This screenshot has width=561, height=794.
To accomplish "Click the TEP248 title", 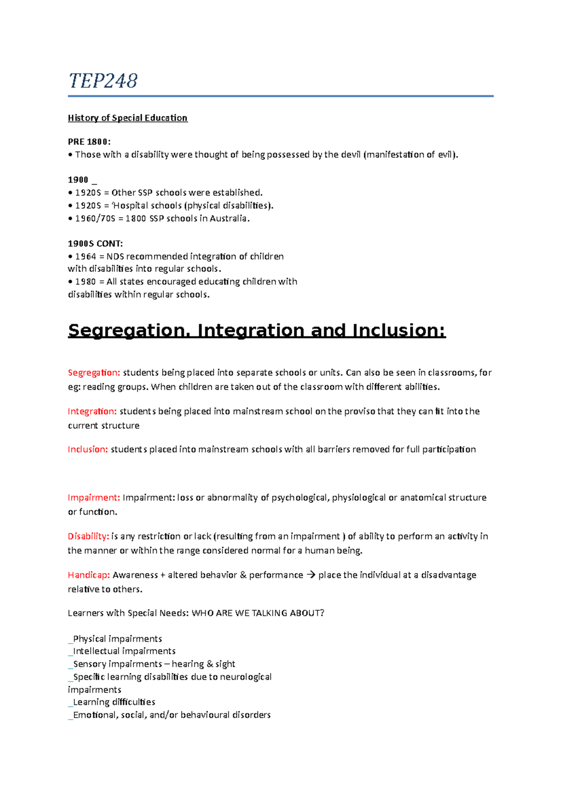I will pyautogui.click(x=103, y=81).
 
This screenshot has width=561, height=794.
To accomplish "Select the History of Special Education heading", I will pyautogui.click(x=128, y=118).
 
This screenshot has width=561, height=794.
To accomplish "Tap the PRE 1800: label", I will pyautogui.click(x=89, y=142).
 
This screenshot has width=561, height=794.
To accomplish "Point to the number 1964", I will pyautogui.click(x=86, y=257).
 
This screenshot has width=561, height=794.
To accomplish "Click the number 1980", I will pyautogui.click(x=86, y=282).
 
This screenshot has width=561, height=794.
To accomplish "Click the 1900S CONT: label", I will pyautogui.click(x=95, y=244).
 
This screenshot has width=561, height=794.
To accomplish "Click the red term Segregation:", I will pyautogui.click(x=94, y=373).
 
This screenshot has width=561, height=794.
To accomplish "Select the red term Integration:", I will pyautogui.click(x=92, y=411).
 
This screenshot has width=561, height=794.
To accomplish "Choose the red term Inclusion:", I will pyautogui.click(x=88, y=449).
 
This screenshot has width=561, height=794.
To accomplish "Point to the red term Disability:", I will pyautogui.click(x=88, y=536).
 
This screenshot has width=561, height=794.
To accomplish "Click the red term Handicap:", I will pyautogui.click(x=89, y=575).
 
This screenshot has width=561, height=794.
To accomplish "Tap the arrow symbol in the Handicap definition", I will pyautogui.click(x=311, y=575).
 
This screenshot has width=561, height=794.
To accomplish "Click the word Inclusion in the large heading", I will pyautogui.click(x=399, y=331).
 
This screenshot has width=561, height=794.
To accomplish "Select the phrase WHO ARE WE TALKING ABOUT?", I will pyautogui.click(x=258, y=613).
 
